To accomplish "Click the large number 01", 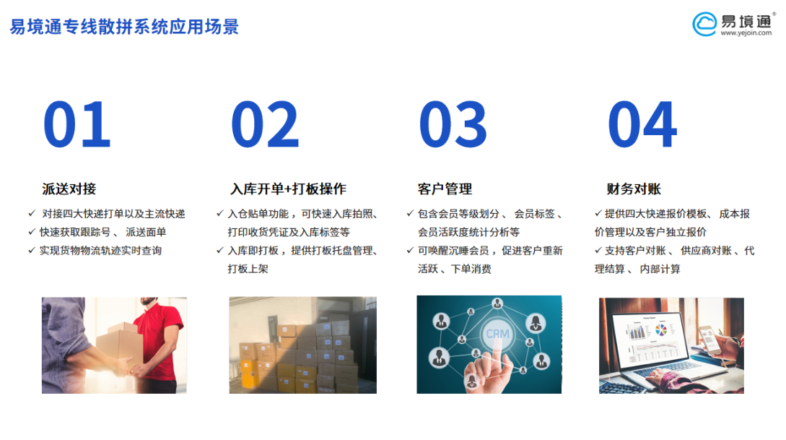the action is pyautogui.click(x=77, y=124).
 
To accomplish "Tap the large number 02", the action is pyautogui.click(x=265, y=124).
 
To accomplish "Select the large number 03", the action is pyautogui.click(x=453, y=124).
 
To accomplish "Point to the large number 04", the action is pyautogui.click(x=642, y=124).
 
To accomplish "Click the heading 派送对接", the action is pyautogui.click(x=69, y=189).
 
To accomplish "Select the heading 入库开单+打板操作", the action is pyautogui.click(x=288, y=189).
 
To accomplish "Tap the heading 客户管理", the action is pyautogui.click(x=445, y=189).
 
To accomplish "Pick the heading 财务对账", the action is pyautogui.click(x=634, y=189).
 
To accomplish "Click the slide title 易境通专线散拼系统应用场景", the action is pyautogui.click(x=124, y=27).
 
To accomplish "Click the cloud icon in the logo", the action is pyautogui.click(x=704, y=24).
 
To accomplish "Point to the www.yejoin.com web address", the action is pyautogui.click(x=746, y=33).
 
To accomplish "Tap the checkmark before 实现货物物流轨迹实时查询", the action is pyautogui.click(x=32, y=250).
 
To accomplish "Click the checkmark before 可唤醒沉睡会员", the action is pyautogui.click(x=409, y=250).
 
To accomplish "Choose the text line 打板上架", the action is pyautogui.click(x=248, y=269).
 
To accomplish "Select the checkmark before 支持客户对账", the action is pyautogui.click(x=598, y=250).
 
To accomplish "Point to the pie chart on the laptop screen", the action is pyautogui.click(x=661, y=329).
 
